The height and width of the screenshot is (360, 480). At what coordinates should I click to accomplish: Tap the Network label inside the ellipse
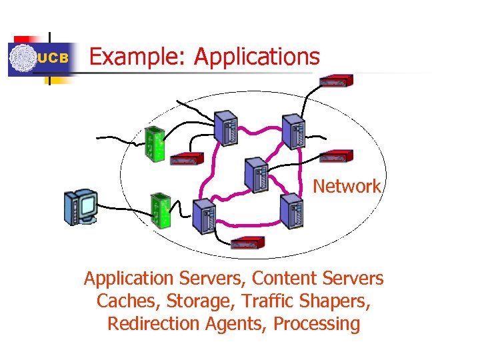coord(347,186)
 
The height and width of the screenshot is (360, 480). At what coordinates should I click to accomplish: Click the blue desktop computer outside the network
coord(80,207)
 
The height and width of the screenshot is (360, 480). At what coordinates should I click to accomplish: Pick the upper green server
coord(155,143)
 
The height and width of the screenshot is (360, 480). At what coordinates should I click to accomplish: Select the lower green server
coord(161,210)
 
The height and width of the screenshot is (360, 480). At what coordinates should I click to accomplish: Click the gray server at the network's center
coord(256,175)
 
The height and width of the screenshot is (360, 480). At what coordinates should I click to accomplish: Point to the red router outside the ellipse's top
coord(335,81)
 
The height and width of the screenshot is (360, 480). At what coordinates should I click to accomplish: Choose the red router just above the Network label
coord(336,157)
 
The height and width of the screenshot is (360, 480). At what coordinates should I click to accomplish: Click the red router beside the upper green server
coord(187,159)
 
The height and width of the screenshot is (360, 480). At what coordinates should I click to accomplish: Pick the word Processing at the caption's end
coord(317,324)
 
